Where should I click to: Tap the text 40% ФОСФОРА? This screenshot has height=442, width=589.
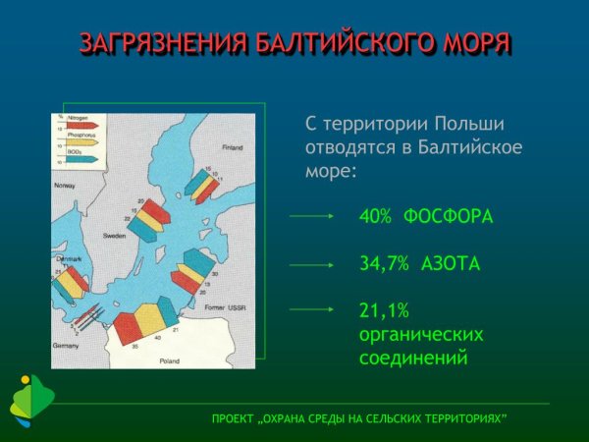pos(426,216)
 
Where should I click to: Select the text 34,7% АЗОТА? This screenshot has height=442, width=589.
pos(420,263)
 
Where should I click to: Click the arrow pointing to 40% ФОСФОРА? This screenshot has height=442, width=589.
pos(313,216)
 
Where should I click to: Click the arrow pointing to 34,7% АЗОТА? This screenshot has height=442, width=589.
pos(313,263)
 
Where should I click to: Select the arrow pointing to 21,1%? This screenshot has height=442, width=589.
pos(313,310)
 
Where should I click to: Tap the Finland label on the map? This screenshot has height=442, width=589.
pos(232,148)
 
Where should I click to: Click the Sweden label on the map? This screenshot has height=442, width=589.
pos(115,237)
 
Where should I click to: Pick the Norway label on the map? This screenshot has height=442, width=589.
pos(64,186)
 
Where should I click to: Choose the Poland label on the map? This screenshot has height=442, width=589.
pos(170,360)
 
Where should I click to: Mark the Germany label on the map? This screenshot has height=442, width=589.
pos(66,346)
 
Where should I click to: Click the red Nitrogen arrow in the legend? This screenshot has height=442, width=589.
pos(82,127)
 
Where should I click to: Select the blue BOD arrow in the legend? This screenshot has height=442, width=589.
pos(82,158)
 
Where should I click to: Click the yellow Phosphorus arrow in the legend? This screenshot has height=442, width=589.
pos(82,142)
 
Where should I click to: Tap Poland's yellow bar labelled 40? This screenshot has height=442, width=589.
pos(147,320)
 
